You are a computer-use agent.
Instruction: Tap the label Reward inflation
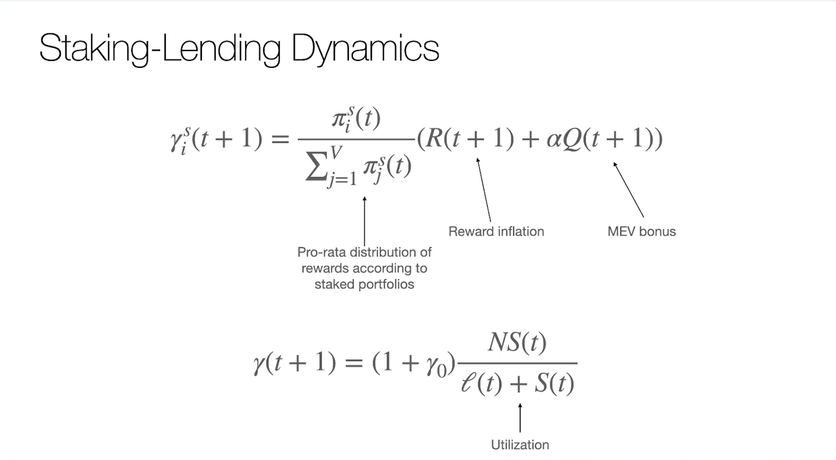point(496,231)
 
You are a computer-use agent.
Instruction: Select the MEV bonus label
point(641,231)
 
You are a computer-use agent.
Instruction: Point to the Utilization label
point(520,444)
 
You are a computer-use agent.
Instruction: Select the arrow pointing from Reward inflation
point(484,190)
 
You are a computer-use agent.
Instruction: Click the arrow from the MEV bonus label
point(629,190)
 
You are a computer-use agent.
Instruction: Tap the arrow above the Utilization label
point(520,418)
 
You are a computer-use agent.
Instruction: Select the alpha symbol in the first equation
point(554,140)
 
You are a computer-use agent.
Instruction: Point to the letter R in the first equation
point(434,140)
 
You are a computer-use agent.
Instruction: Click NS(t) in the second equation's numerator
point(517,344)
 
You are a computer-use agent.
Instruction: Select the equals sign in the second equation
point(354,364)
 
